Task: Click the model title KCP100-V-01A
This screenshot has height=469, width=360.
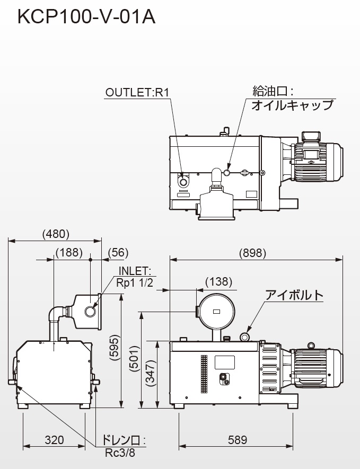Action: pos(86,17)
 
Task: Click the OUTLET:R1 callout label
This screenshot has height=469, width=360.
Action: pos(137,92)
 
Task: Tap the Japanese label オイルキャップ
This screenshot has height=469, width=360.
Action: pos(292,105)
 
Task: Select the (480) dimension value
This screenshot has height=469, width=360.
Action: pos(56,234)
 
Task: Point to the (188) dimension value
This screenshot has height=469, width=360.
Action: pos(69,252)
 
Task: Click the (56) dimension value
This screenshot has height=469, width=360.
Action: pos(118,252)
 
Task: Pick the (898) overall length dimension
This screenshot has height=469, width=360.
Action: pos(252,253)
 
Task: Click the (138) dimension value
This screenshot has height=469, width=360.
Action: pos(219,282)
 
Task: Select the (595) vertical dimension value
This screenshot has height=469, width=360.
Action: pos(115,348)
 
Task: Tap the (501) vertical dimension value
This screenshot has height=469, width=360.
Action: pos(135,359)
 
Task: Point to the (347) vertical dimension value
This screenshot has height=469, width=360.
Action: pos(152,373)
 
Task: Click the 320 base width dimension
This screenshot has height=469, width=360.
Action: pos(54,440)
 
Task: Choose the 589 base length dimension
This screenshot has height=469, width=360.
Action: pos(238,440)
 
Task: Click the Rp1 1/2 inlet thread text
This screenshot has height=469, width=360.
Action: pos(134,282)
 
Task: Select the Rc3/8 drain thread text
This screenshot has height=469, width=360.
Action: pos(120,453)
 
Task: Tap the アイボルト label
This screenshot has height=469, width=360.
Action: pos(294,295)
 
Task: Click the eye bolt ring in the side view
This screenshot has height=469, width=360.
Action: pos(244,338)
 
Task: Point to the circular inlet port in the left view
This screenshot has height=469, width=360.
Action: pos(90,312)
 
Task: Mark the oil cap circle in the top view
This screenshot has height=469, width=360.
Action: pos(227,173)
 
